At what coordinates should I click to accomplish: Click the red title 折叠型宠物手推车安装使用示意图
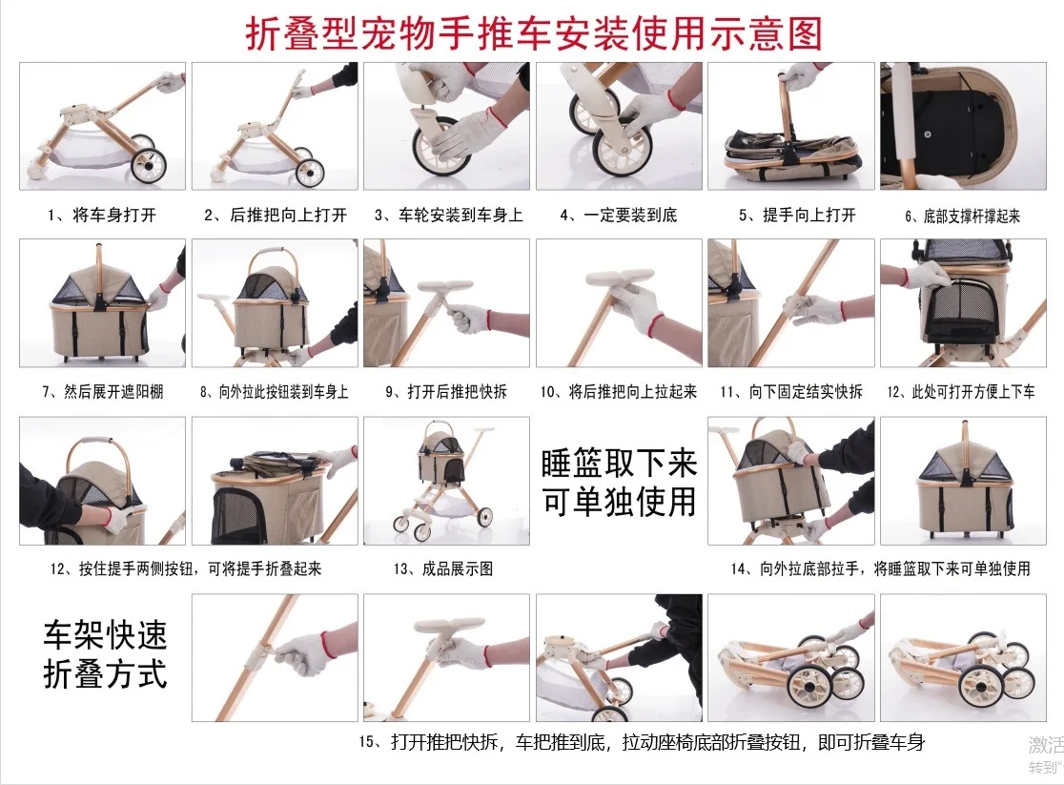[x=533, y=33]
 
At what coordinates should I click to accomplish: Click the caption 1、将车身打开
[x=102, y=216]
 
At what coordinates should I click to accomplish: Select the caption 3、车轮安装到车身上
[x=448, y=216]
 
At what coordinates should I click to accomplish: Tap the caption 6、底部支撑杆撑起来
[x=962, y=216]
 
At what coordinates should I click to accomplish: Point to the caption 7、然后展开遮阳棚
[x=102, y=392]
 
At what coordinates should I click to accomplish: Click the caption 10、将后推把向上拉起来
[x=618, y=392]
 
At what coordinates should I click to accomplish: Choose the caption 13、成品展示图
[x=443, y=568]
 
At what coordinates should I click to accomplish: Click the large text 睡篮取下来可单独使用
[x=619, y=483]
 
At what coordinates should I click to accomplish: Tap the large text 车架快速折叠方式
[x=105, y=654]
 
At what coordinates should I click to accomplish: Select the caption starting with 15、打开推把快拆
[x=642, y=742]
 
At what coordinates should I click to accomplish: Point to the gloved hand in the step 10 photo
[x=635, y=308]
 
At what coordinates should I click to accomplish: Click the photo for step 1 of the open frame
[x=102, y=126]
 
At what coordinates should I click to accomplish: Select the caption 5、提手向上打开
[x=797, y=216]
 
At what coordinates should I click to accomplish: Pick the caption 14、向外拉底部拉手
[x=880, y=568]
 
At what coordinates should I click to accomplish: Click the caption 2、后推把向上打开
[x=276, y=216]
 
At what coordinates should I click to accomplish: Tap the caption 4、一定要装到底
[x=618, y=216]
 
